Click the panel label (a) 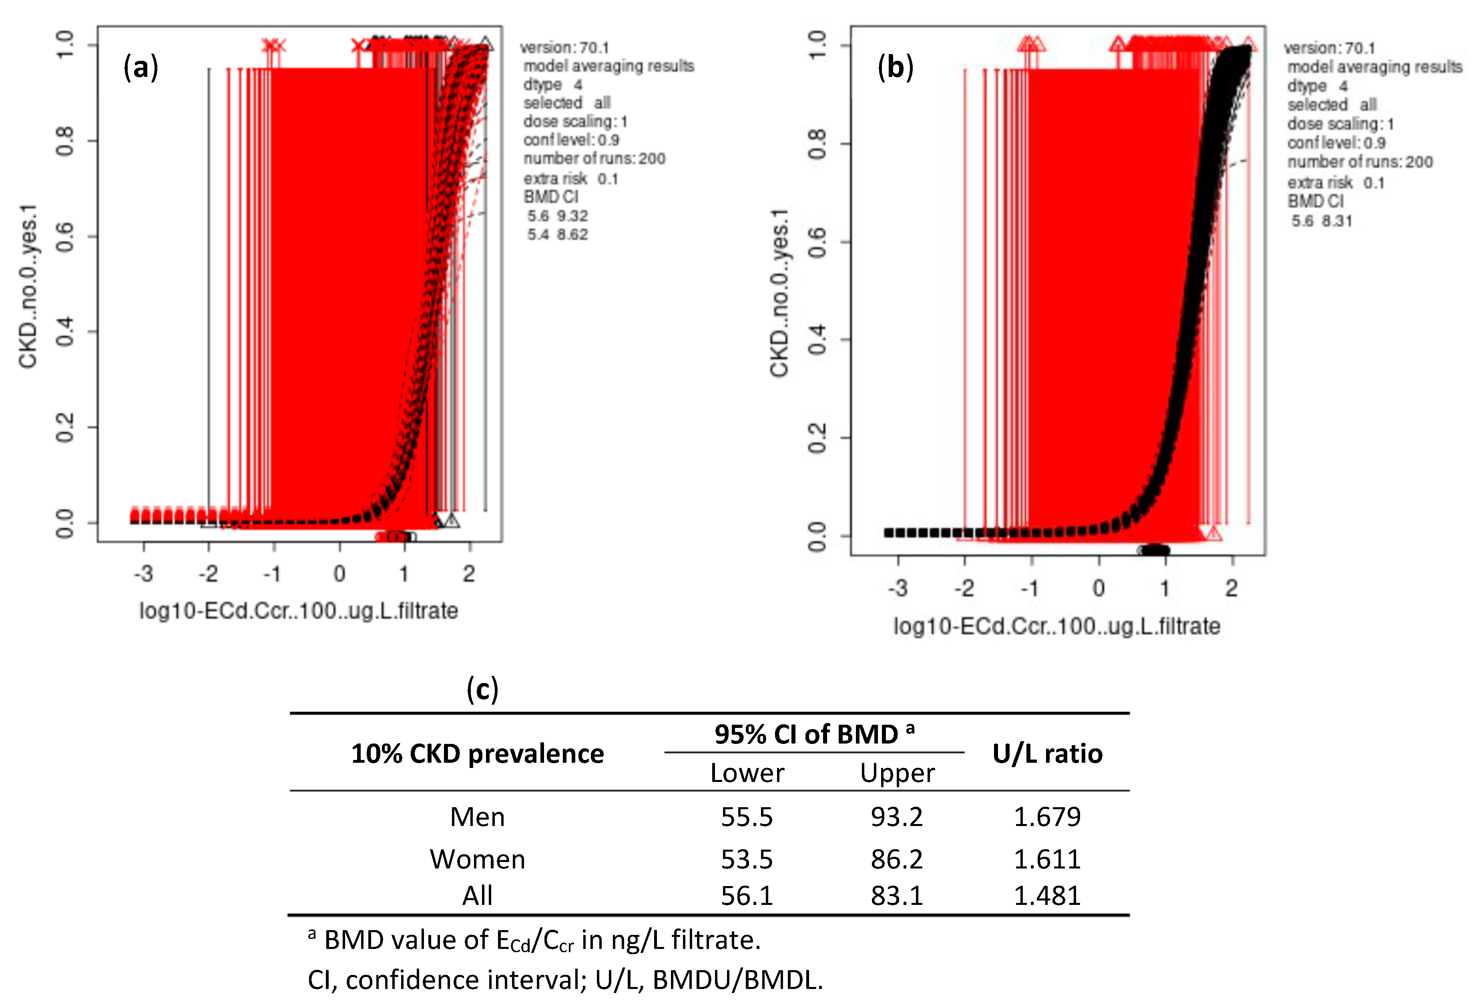(x=140, y=67)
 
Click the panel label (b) (x=895, y=67)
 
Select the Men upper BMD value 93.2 (x=896, y=817)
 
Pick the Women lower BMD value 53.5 (x=747, y=859)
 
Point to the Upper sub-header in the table (x=896, y=773)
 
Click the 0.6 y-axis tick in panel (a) (x=65, y=236)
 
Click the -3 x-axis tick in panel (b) (x=898, y=588)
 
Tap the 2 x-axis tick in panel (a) (x=469, y=574)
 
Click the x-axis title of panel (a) (x=298, y=611)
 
